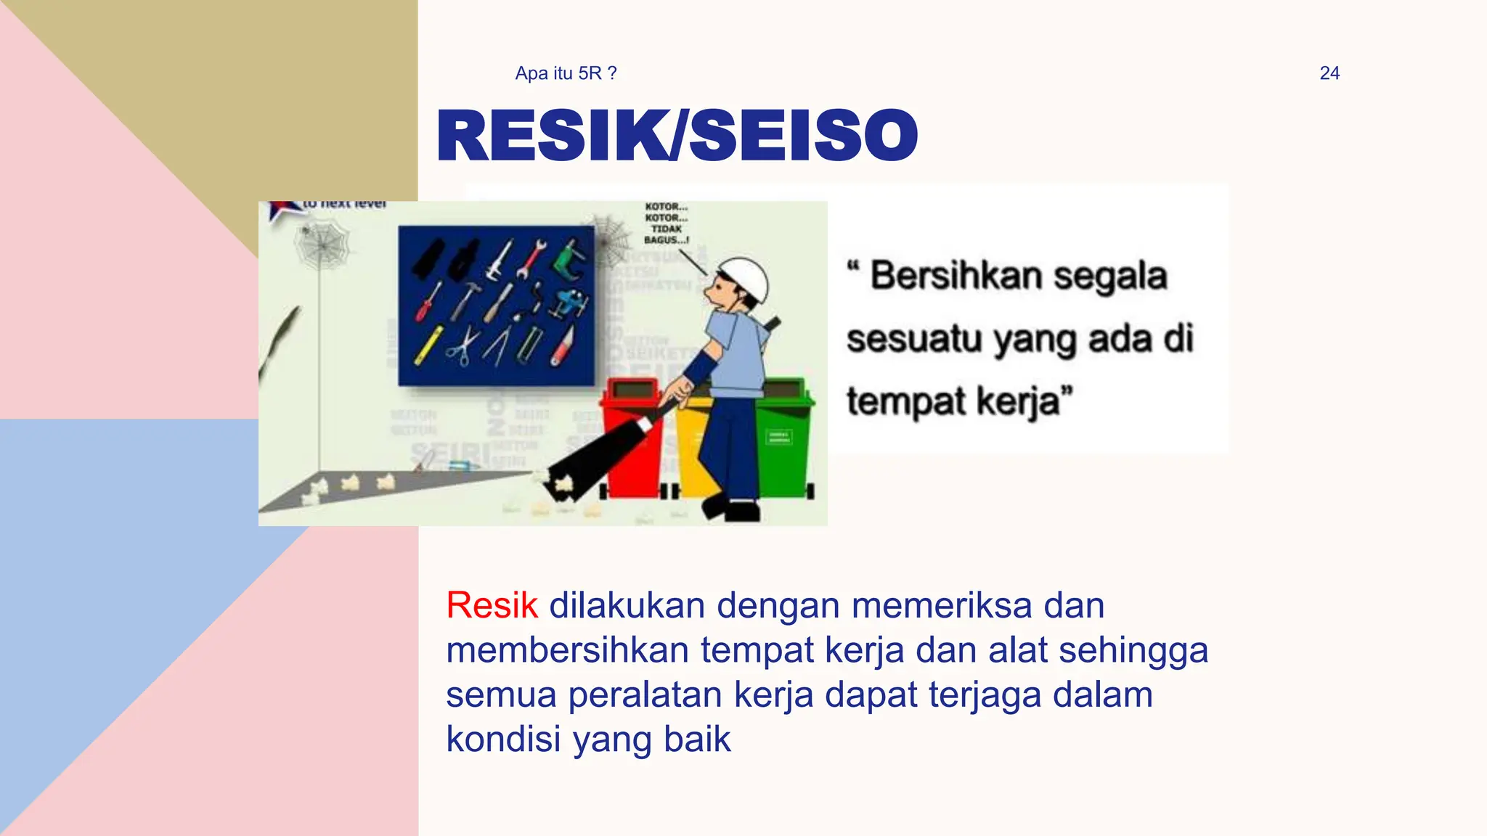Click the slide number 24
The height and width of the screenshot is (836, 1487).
[1329, 73]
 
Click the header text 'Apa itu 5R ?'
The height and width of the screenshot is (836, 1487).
[566, 73]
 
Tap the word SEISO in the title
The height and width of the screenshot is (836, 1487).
[803, 136]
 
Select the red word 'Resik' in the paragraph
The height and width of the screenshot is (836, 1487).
[492, 605]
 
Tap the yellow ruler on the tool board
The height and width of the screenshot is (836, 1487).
[428, 345]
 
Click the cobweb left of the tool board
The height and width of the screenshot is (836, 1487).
[322, 244]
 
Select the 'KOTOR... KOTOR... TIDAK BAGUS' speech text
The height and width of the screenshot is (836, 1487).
[666, 224]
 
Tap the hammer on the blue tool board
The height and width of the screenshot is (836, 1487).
[465, 298]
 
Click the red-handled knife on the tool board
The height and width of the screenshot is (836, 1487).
[563, 347]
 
